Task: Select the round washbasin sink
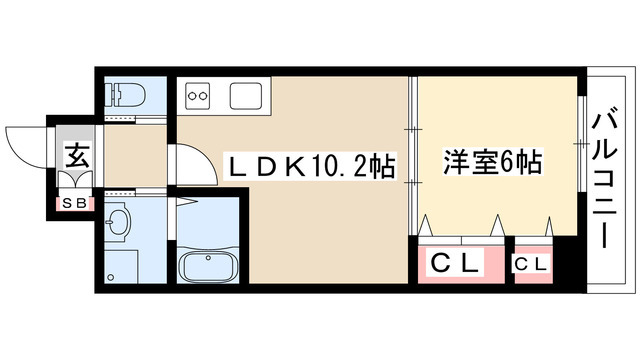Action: (118, 222)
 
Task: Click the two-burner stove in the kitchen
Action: (197, 97)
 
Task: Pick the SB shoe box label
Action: (74, 203)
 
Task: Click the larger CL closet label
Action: (456, 264)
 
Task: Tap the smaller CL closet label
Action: (531, 264)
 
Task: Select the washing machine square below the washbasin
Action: (122, 267)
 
